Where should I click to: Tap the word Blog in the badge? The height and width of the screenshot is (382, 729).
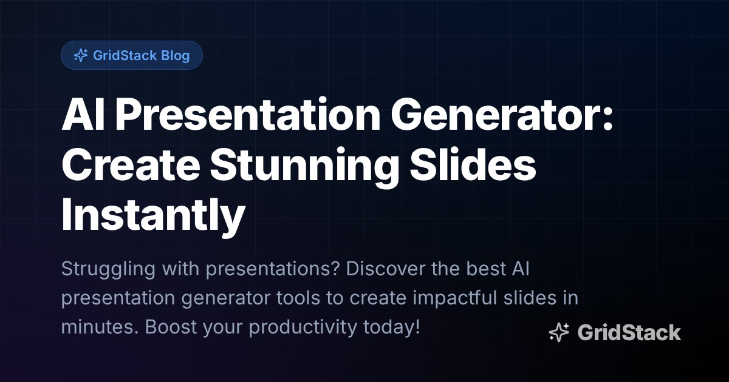click(176, 56)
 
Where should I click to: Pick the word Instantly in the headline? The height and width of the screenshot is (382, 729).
click(153, 215)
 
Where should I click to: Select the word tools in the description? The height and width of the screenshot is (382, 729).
click(338, 298)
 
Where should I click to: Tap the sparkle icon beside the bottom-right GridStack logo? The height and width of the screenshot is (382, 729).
click(558, 332)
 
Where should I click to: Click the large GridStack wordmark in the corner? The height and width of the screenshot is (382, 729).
click(629, 332)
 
